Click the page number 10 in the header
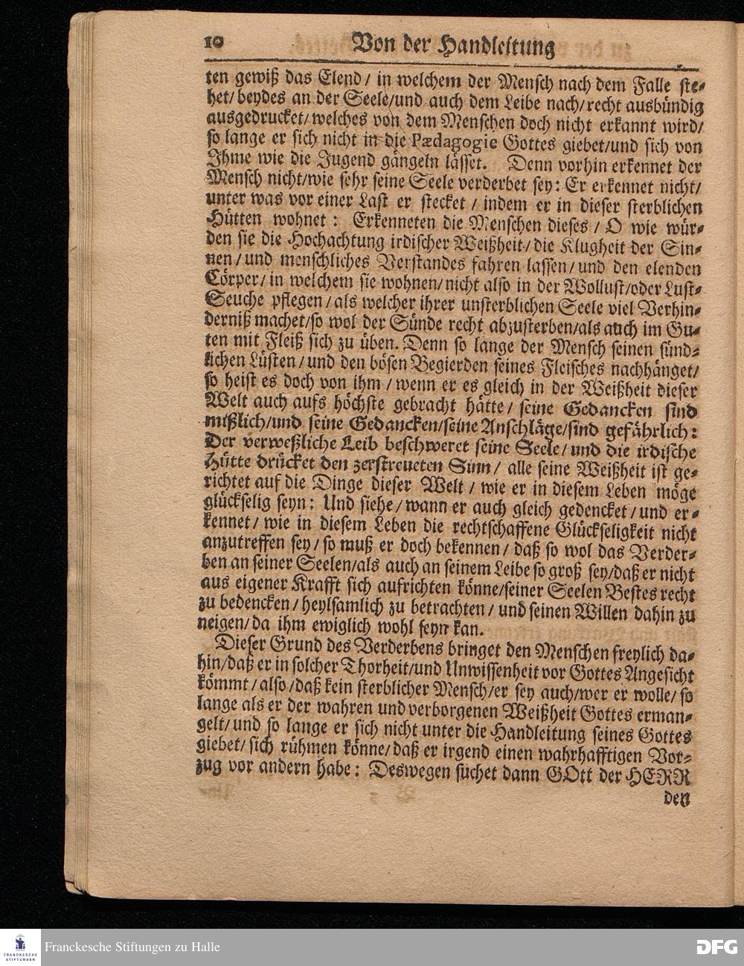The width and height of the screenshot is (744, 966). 213,42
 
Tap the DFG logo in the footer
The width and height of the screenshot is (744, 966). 716,947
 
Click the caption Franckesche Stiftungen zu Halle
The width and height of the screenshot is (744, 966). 132,947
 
